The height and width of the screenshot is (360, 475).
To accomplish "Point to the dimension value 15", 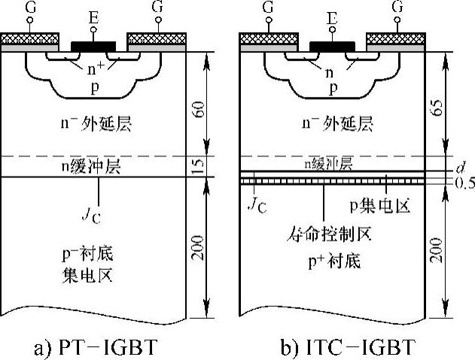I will pyautogui.click(x=196, y=167).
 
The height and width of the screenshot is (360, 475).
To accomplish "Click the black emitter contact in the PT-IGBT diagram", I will pyautogui.click(x=93, y=46).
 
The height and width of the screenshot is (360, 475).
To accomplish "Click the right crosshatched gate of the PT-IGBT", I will pyautogui.click(x=157, y=38).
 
